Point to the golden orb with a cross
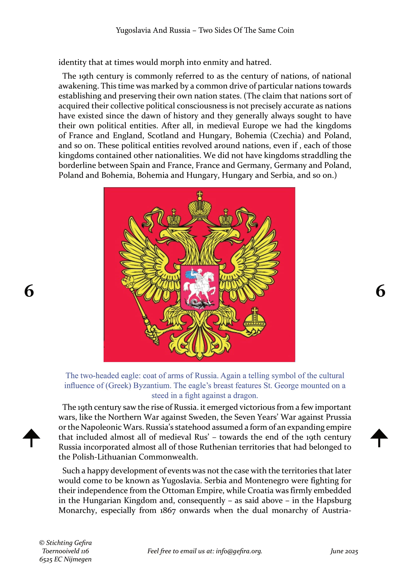click(x=255, y=322)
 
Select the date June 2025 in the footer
click(x=344, y=551)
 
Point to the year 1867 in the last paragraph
click(x=168, y=511)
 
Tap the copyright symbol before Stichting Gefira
click(x=42, y=543)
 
